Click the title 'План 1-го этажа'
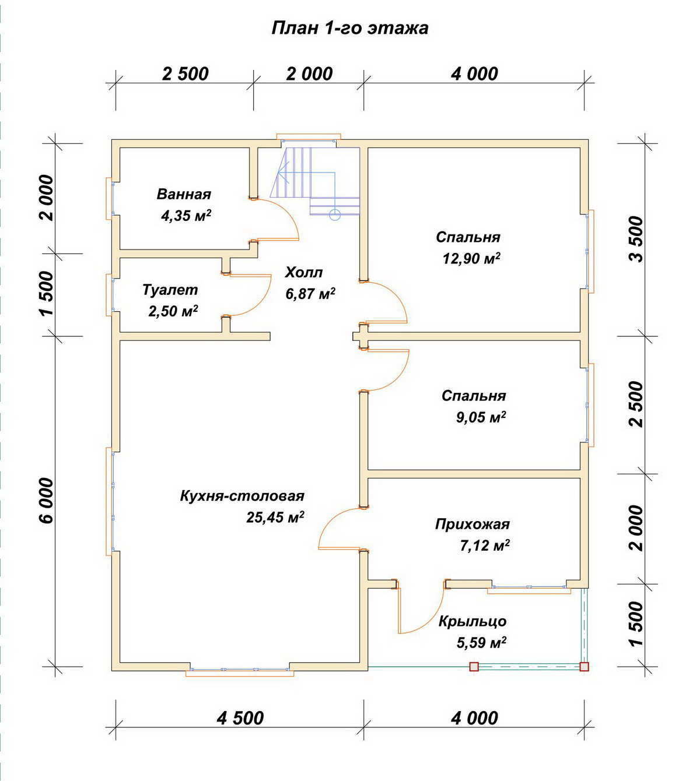(x=349, y=29)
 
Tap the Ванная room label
(x=184, y=194)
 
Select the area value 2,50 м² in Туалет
(x=173, y=311)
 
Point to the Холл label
(x=304, y=273)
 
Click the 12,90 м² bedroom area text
(x=471, y=258)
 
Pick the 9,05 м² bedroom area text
(x=481, y=417)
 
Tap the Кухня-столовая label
(x=242, y=495)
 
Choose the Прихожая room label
(x=473, y=525)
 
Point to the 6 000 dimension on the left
(x=47, y=500)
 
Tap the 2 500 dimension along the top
(x=185, y=73)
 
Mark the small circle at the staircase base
(x=335, y=214)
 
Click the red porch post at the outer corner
(x=584, y=667)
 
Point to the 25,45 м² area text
(x=275, y=517)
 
